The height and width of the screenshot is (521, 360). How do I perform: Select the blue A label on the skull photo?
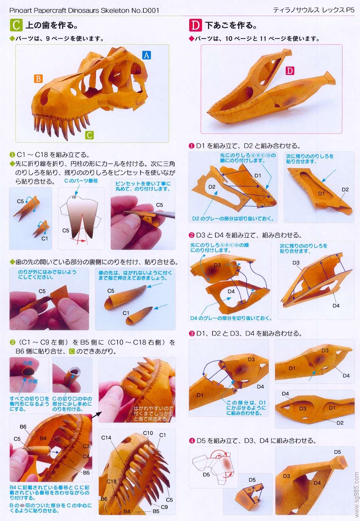coord(146,55)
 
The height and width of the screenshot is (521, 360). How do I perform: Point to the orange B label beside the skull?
coord(38,78)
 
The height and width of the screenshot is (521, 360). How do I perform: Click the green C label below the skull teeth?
coord(90,135)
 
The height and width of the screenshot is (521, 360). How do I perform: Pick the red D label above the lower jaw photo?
coord(290,71)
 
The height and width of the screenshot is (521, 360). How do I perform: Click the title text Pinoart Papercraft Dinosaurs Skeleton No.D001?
coord(84,11)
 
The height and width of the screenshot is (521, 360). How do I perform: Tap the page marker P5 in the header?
coord(350,10)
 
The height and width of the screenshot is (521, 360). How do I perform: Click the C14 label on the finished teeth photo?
coord(106,438)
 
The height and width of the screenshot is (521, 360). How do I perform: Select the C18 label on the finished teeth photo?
coord(111,481)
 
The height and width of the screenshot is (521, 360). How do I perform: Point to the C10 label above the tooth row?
coord(148,433)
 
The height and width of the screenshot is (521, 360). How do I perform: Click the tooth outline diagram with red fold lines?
coord(81,218)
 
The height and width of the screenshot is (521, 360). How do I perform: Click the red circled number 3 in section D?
coord(191,334)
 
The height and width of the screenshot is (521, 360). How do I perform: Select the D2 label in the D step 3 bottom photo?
coord(340,423)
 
